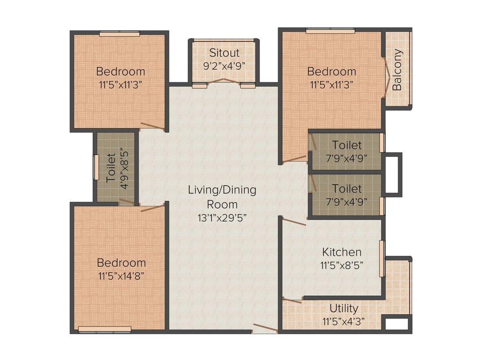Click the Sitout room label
pyautogui.click(x=224, y=52)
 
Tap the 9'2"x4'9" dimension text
pyautogui.click(x=224, y=65)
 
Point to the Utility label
pyautogui.click(x=344, y=308)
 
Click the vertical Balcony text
pyautogui.click(x=397, y=70)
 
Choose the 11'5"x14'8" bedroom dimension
pyautogui.click(x=121, y=275)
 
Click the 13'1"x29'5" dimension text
pyautogui.click(x=222, y=217)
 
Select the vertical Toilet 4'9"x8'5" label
pyautogui.click(x=117, y=168)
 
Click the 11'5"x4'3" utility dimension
pyautogui.click(x=344, y=321)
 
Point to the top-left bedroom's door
pyautogui.click(x=153, y=125)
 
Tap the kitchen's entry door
pyautogui.click(x=294, y=222)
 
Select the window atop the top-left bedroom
pyautogui.click(x=119, y=34)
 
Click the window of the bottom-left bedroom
pyautogui.click(x=105, y=330)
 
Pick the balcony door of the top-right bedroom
pyautogui.click(x=386, y=77)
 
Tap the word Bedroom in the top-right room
pyautogui.click(x=331, y=72)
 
